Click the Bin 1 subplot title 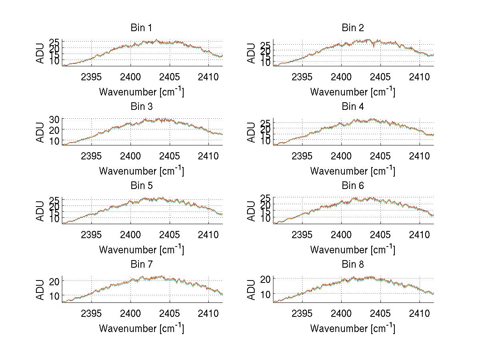click(141, 28)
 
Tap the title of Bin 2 click(353, 28)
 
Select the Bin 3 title click(141, 107)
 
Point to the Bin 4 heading click(353, 107)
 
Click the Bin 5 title click(141, 186)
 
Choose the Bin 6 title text click(353, 186)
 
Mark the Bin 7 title click(141, 265)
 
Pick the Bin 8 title click(353, 265)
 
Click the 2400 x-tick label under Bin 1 click(131, 77)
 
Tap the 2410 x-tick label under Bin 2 click(420, 77)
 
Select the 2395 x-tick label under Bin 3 click(91, 155)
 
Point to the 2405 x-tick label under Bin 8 click(380, 313)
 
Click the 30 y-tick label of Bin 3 click(54, 119)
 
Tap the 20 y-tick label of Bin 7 click(54, 281)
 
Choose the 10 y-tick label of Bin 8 click(265, 294)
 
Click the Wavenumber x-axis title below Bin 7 click(141, 328)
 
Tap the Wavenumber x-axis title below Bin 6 click(353, 249)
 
